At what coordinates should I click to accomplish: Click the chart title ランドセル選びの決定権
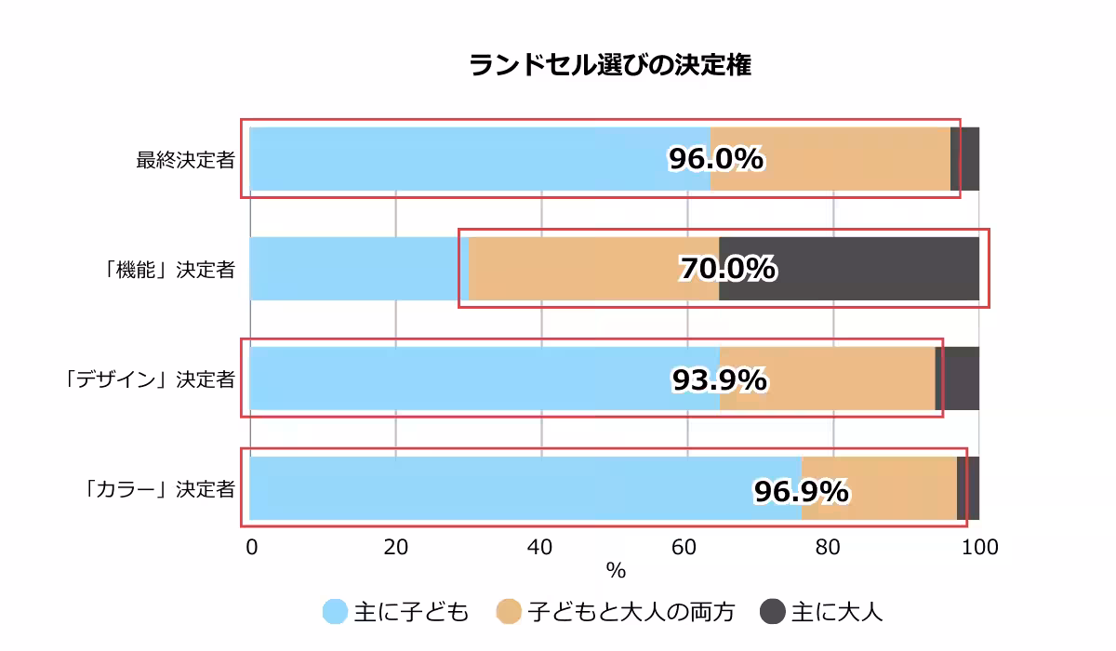609,65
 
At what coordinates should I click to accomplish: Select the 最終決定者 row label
185,159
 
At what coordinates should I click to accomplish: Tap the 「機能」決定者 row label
169,270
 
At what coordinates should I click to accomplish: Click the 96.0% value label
716,159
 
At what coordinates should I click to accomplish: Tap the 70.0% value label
727,270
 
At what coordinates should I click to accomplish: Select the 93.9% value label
719,379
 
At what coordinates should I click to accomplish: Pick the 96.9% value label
801,490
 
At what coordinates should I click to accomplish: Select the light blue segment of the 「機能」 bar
353,269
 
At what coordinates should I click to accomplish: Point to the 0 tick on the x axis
251,548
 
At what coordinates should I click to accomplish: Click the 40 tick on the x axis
541,548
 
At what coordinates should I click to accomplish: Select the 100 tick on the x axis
978,548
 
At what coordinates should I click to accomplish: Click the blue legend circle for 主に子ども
335,612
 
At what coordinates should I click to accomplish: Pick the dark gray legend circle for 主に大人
773,612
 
